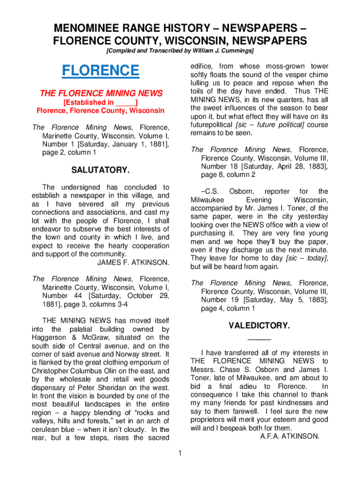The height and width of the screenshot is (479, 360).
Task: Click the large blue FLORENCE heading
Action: [x=101, y=71]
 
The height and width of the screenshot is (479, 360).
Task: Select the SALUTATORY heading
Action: [x=100, y=170]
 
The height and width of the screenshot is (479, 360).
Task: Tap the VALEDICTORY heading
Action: [x=259, y=326]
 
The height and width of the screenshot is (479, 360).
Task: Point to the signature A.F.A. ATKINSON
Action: [x=289, y=436]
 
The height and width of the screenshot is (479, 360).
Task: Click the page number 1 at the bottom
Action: [x=180, y=453]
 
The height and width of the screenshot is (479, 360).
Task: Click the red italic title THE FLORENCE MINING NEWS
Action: [x=101, y=93]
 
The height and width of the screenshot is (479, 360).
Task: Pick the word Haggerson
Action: [x=51, y=337]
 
